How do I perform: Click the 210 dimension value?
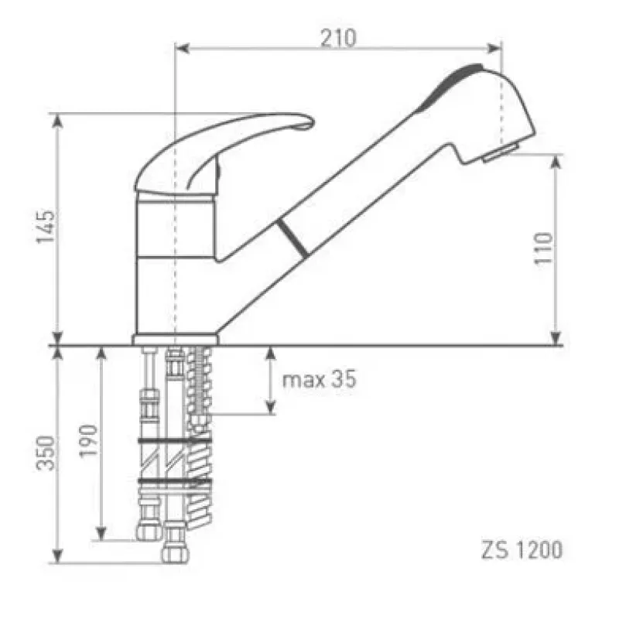[x=338, y=38]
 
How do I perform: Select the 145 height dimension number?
[x=46, y=227]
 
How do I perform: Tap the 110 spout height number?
[x=543, y=248]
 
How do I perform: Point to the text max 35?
[x=319, y=379]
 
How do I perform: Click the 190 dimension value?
[x=88, y=441]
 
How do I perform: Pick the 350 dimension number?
[x=46, y=453]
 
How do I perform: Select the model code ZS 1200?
[x=522, y=550]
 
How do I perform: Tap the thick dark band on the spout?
[x=292, y=238]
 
